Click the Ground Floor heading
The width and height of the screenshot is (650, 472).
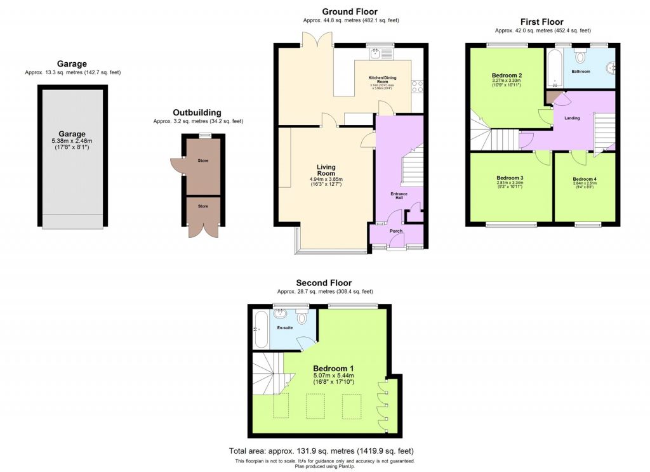pyautogui.click(x=349, y=11)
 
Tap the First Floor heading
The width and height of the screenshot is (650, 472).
pyautogui.click(x=542, y=22)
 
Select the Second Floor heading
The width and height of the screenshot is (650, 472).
pyautogui.click(x=323, y=283)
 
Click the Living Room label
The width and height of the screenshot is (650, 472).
pyautogui.click(x=326, y=170)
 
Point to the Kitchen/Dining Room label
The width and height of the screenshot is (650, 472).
pyautogui.click(x=383, y=79)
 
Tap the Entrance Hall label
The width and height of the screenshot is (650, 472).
pyautogui.click(x=399, y=196)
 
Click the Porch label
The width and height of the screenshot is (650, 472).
pyautogui.click(x=397, y=231)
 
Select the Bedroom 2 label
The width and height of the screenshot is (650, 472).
pyautogui.click(x=506, y=75)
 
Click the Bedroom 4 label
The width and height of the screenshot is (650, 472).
pyautogui.click(x=584, y=180)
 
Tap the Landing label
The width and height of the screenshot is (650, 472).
pyautogui.click(x=571, y=118)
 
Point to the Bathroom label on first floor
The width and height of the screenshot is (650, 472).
pyautogui.click(x=580, y=72)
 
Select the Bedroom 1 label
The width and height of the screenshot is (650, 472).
pyautogui.click(x=334, y=369)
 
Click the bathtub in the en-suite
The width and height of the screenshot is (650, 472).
pyautogui.click(x=261, y=329)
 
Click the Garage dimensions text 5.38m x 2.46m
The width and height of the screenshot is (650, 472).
pyautogui.click(x=72, y=141)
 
